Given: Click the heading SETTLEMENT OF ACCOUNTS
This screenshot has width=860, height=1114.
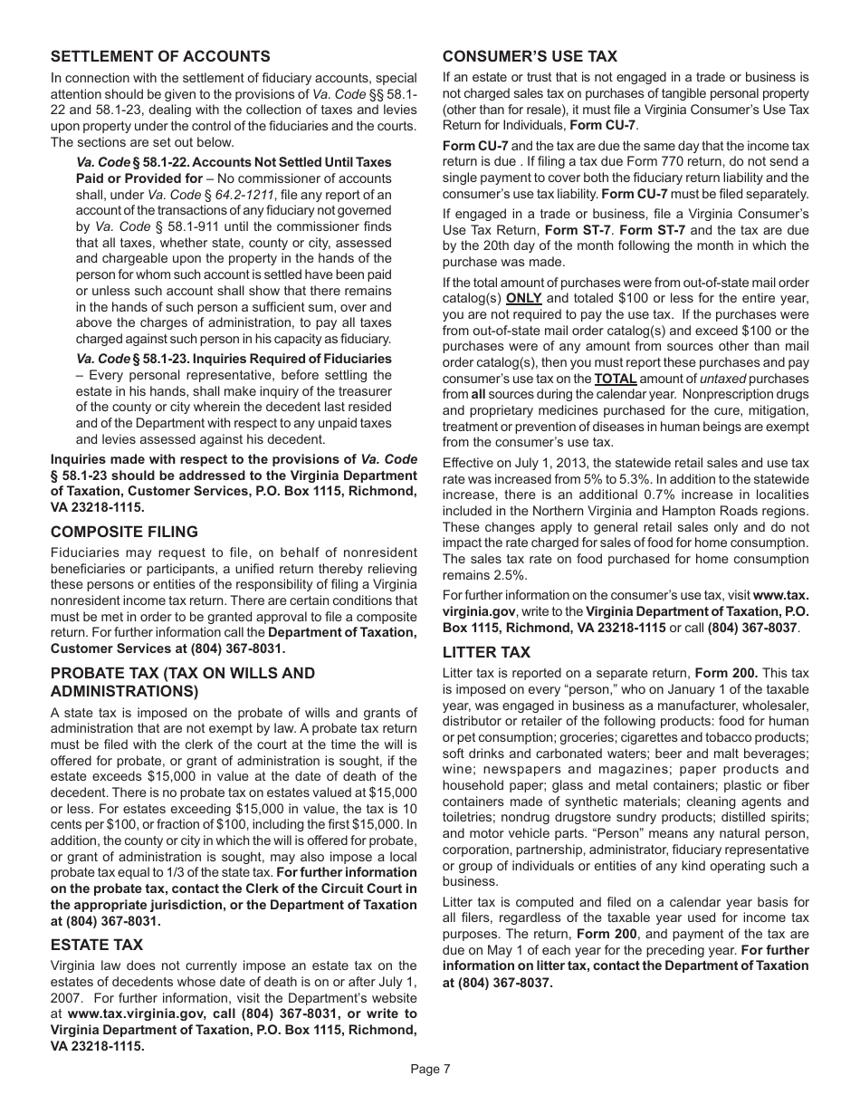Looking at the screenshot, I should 160,57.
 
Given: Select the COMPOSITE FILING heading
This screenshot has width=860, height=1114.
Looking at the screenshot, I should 124,532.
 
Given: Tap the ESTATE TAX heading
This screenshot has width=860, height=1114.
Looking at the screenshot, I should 97,945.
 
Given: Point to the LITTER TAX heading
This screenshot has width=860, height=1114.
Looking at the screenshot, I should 486,652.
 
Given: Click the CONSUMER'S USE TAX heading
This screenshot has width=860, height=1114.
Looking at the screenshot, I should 530,56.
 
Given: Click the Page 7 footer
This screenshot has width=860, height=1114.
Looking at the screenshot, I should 430,1069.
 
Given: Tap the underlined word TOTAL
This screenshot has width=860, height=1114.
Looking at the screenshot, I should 615,379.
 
